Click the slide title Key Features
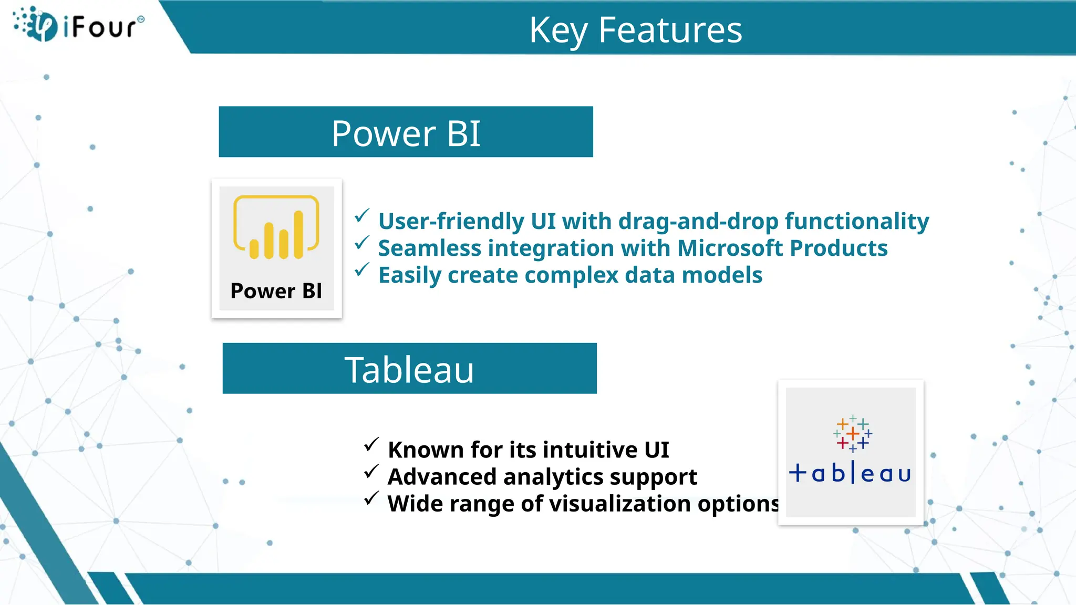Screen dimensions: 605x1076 pyautogui.click(x=635, y=30)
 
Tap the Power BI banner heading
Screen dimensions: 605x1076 pyautogui.click(x=406, y=133)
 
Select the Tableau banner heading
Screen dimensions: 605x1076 pyautogui.click(x=409, y=369)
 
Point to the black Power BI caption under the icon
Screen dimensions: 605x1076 pyautogui.click(x=276, y=291)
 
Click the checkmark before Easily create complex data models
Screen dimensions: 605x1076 pyautogui.click(x=362, y=270)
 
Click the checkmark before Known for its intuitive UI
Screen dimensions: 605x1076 pyautogui.click(x=371, y=445)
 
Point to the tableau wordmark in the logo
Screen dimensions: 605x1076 pyautogui.click(x=850, y=473)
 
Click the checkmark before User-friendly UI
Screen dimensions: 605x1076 pyautogui.click(x=362, y=216)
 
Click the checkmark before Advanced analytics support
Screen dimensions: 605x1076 pyautogui.click(x=371, y=472)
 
